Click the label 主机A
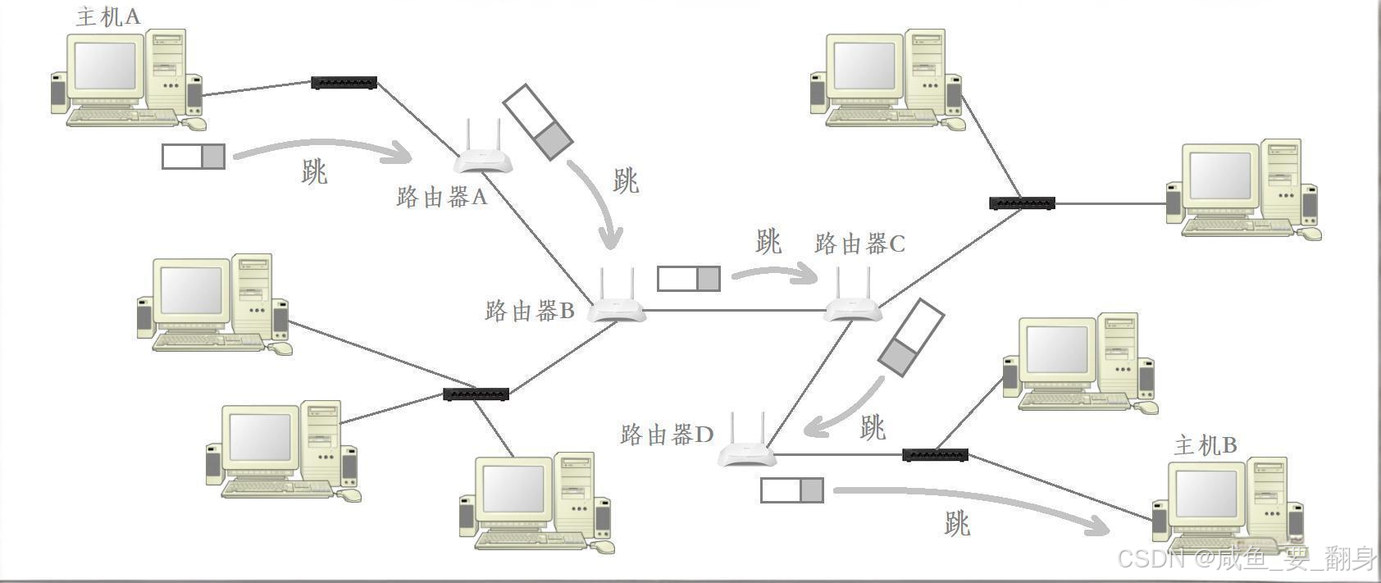107,16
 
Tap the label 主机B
1205,445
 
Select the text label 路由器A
441,197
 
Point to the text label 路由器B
530,311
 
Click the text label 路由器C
859,244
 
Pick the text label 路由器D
667,435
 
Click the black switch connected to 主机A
344,83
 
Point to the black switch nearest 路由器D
935,454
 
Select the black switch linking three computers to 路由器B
476,394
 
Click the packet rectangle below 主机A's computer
194,156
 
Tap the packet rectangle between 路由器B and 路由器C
689,279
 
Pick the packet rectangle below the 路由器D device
792,490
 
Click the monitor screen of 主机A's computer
105,66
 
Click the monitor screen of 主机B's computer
1206,494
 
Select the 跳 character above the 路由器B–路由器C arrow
768,242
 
